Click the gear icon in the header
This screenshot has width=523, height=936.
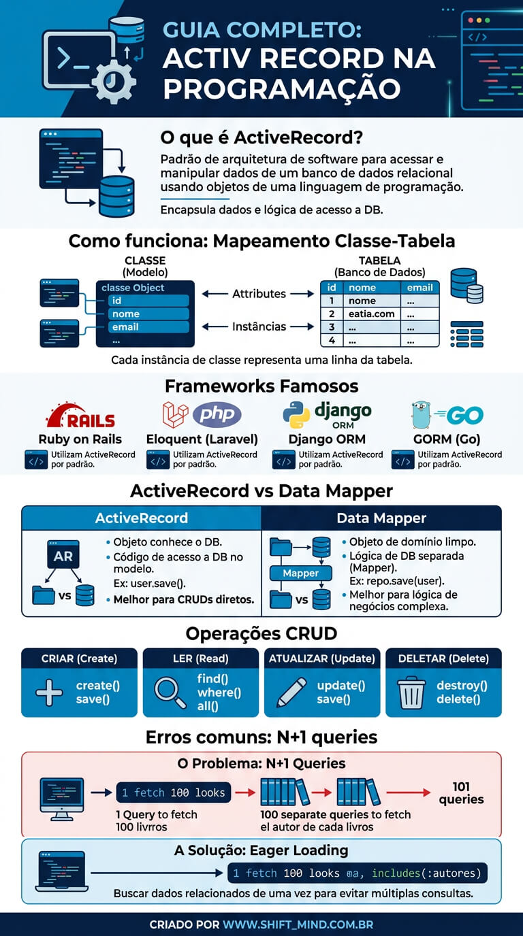[114, 81]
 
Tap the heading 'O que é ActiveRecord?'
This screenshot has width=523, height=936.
[261, 137]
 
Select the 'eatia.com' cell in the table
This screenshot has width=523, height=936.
[372, 314]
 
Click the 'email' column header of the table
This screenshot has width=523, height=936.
[419, 288]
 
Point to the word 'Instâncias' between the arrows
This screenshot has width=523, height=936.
[259, 327]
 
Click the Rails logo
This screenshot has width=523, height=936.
[81, 416]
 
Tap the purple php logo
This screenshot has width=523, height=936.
[217, 414]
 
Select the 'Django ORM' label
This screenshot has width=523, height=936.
[327, 439]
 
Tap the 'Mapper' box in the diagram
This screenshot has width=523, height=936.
[301, 573]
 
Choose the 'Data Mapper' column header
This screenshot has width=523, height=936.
[381, 518]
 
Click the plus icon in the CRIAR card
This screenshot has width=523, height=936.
[49, 692]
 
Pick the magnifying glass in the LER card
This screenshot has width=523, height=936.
[170, 692]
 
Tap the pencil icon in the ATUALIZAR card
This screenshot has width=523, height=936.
[291, 692]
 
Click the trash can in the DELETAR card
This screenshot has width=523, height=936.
[411, 692]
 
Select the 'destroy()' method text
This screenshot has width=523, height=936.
[462, 686]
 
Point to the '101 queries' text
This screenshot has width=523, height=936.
[461, 793]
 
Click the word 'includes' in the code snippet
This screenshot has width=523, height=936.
[396, 873]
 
